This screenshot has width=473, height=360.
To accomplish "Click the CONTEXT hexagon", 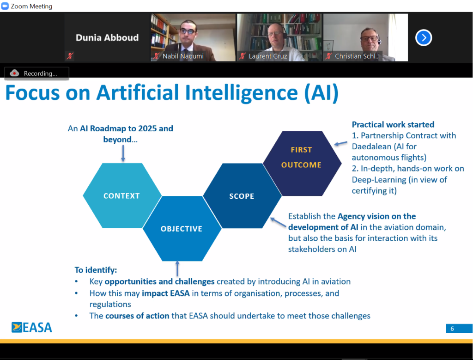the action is click(122, 195).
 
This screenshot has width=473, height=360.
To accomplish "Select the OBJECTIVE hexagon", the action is click(182, 228).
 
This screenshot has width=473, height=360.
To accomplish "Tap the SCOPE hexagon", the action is click(242, 196).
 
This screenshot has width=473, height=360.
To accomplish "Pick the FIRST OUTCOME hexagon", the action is click(302, 163).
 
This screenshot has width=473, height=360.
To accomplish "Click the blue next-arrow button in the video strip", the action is click(424, 38).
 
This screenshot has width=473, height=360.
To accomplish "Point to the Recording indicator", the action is click(36, 73).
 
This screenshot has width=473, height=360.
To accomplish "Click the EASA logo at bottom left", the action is click(32, 327).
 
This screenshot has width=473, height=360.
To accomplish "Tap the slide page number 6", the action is click(452, 329).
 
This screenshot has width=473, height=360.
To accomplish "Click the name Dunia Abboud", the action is click(107, 38).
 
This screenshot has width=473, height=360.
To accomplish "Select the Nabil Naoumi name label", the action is click(183, 56).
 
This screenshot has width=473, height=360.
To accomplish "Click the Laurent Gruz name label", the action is click(268, 56).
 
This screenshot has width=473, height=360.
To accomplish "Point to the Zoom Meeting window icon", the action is click(5, 6).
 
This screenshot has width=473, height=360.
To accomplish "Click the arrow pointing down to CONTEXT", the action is click(123, 153).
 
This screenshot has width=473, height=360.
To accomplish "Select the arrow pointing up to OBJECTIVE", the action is click(177, 268).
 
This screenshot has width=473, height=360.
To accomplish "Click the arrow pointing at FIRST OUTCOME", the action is click(340, 143).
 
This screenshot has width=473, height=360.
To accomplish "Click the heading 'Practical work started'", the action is click(393, 125).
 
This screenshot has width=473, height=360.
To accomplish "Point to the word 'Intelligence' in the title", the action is click(241, 93).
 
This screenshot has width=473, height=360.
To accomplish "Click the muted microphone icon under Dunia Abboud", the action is click(70, 56).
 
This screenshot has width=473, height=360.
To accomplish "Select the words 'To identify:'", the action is click(96, 270).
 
